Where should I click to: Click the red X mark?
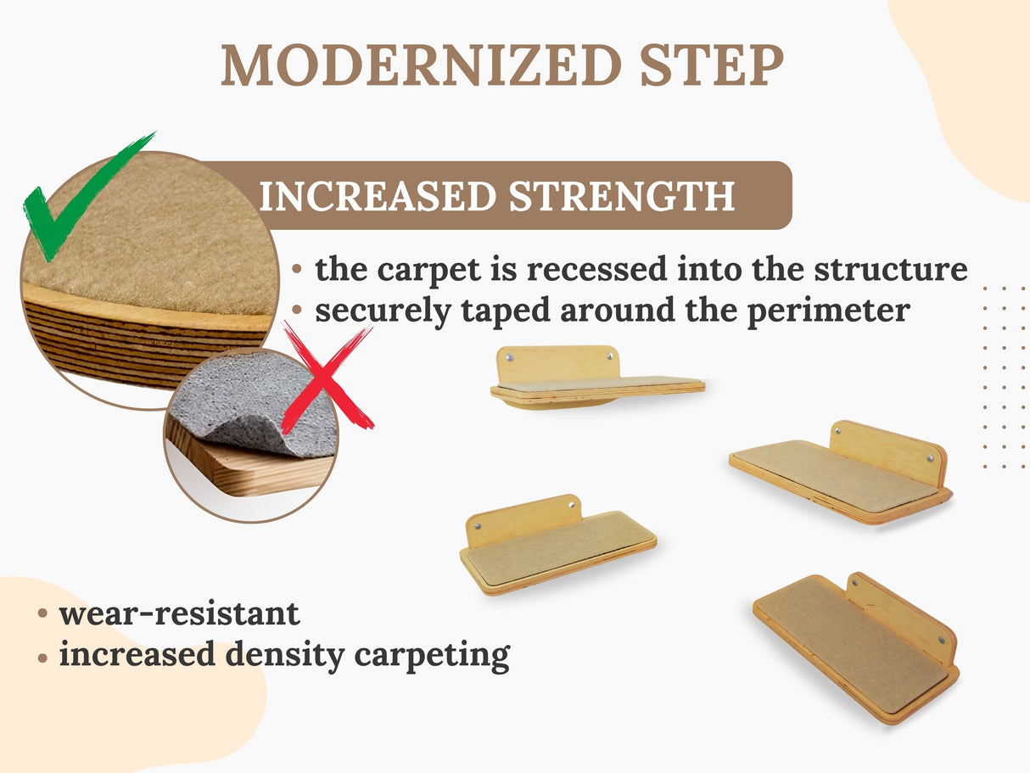pyautogui.click(x=327, y=378)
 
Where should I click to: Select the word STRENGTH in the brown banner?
pyautogui.click(x=621, y=196)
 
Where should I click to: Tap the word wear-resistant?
pyautogui.click(x=179, y=613)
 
